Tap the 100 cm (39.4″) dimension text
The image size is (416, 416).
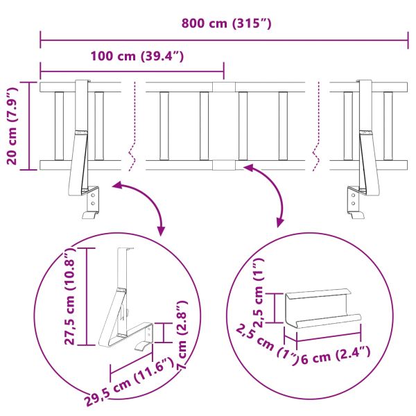[x=136, y=55]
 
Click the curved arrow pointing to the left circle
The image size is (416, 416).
[x=142, y=201]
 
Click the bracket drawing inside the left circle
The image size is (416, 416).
[x=125, y=305]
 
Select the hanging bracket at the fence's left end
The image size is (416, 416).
[x=85, y=149]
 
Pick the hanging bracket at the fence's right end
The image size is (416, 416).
[x=364, y=149]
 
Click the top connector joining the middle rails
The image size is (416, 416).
[x=224, y=88]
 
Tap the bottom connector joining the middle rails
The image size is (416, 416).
[x=224, y=165]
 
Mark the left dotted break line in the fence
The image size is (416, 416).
[x=132, y=125]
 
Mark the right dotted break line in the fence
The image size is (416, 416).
[x=318, y=125]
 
